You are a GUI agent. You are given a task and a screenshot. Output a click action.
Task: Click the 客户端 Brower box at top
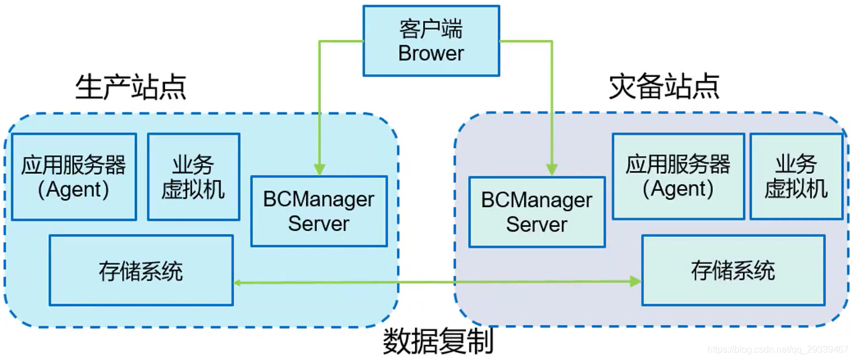[431, 41]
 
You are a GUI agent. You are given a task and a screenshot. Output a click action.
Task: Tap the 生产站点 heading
[131, 87]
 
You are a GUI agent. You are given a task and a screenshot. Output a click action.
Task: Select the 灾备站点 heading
[664, 87]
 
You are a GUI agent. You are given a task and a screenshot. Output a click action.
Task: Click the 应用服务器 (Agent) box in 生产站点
[74, 177]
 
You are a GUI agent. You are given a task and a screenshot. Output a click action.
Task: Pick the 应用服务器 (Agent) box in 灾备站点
[678, 176]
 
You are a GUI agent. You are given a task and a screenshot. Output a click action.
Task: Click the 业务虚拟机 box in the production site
[193, 177]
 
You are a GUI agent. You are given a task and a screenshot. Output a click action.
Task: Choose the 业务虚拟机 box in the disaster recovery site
[796, 176]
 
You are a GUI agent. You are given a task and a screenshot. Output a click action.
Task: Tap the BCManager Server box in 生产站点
[318, 211]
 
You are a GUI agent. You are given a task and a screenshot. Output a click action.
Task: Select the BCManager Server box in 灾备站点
[537, 212]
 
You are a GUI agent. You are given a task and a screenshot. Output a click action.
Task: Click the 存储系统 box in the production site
[141, 270]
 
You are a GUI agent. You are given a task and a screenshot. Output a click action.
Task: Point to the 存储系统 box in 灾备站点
[733, 270]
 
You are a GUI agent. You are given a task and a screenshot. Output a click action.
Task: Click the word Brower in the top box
[431, 53]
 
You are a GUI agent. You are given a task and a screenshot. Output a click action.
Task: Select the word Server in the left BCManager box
[318, 224]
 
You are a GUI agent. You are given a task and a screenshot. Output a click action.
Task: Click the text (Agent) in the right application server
[678, 189]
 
